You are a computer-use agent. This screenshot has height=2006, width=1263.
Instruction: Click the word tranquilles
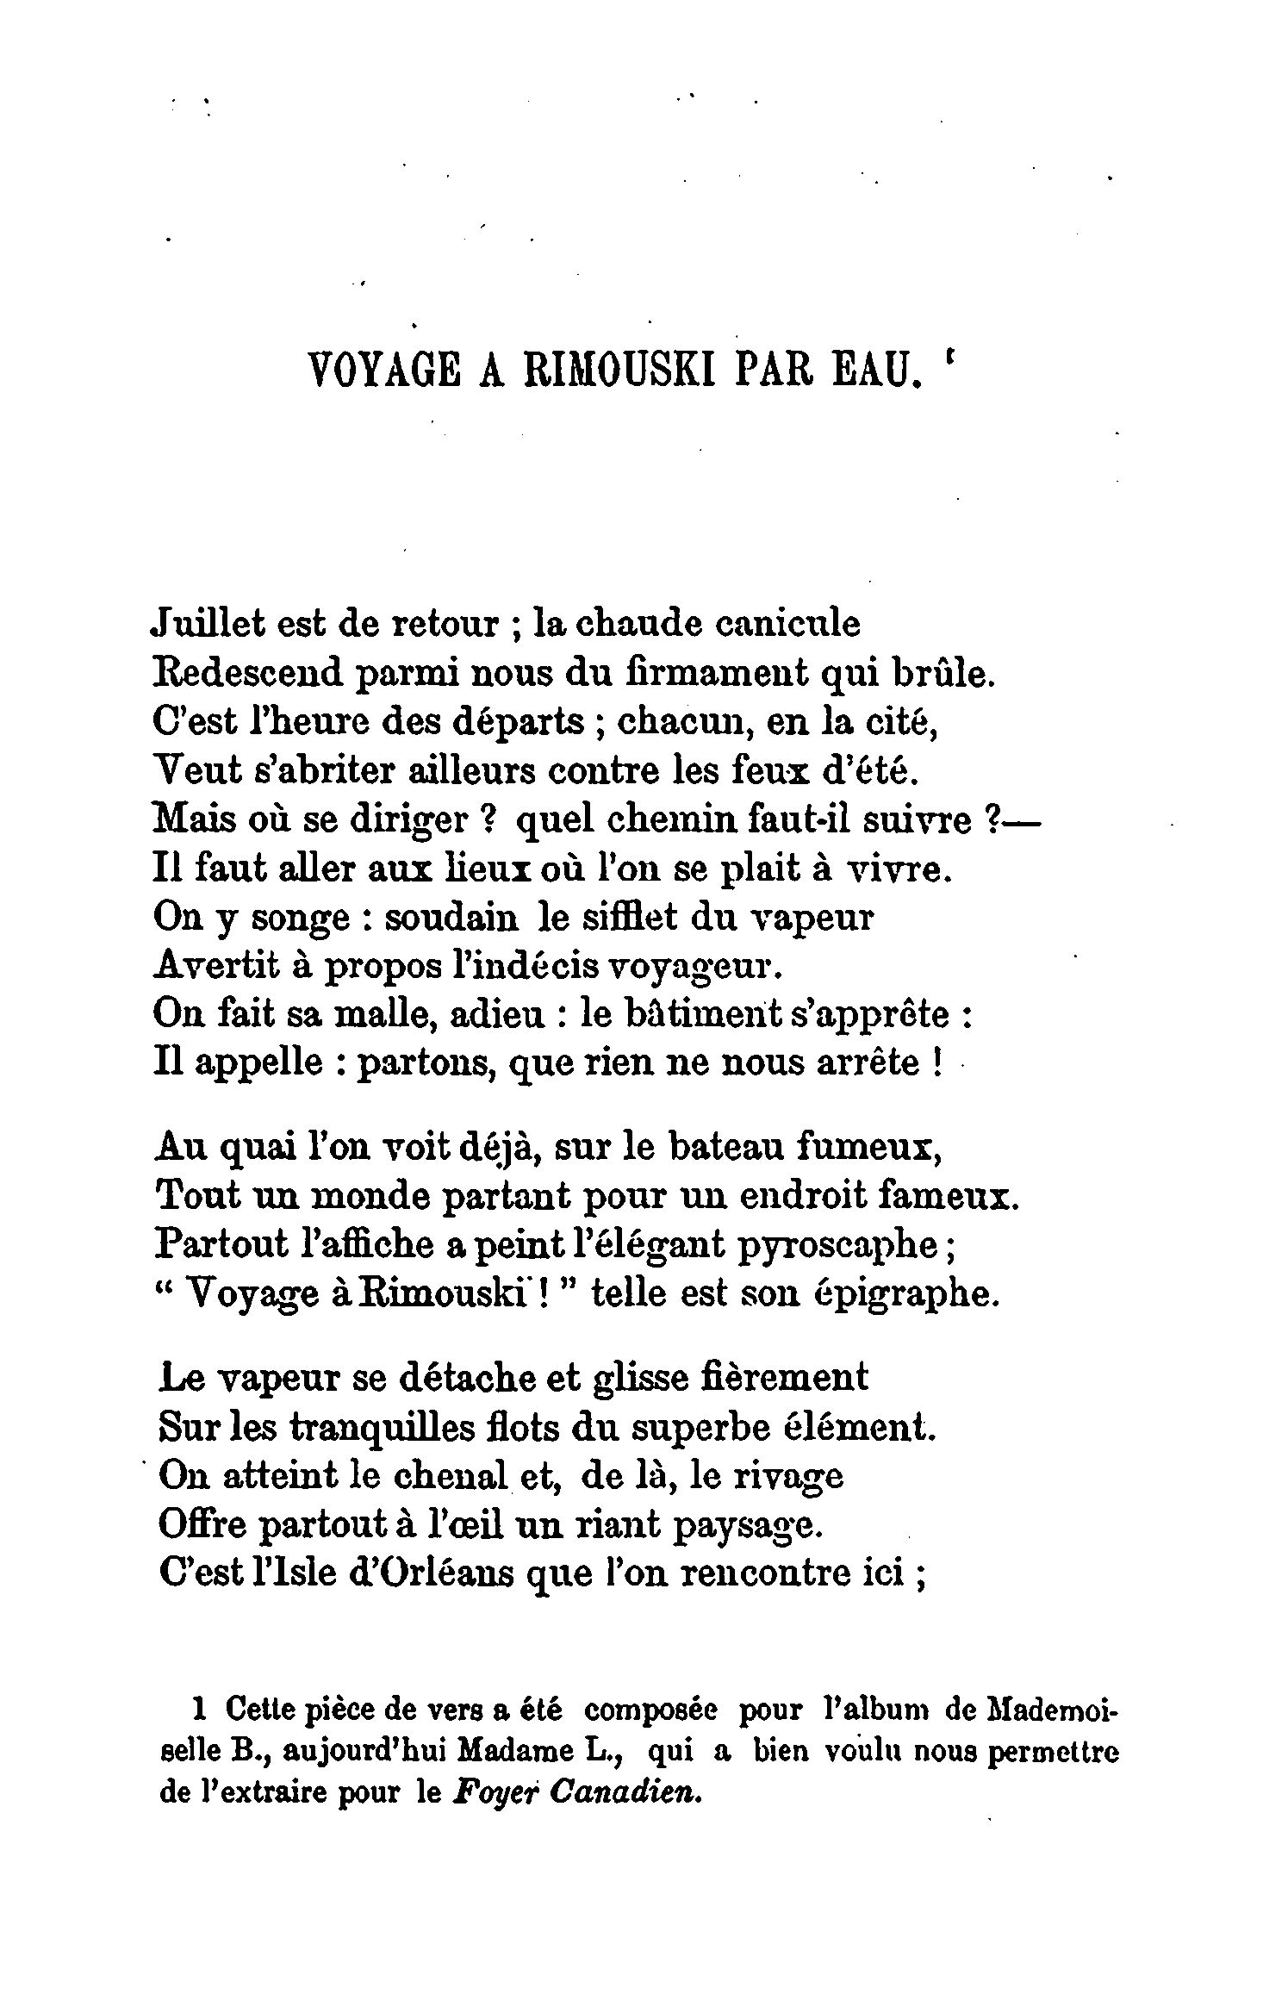(x=374, y=1427)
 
